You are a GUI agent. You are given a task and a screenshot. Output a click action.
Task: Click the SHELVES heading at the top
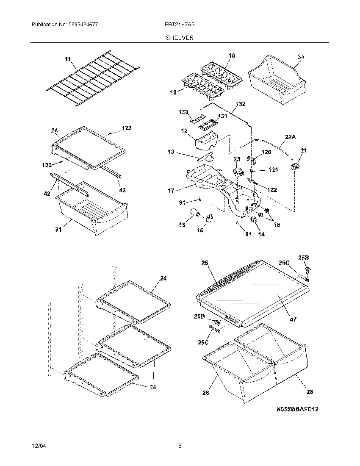(180, 38)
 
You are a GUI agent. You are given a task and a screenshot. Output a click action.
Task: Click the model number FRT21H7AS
(180, 25)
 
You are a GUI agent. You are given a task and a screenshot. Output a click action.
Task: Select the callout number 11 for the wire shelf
(68, 59)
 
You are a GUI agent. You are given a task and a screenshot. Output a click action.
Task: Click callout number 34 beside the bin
(301, 57)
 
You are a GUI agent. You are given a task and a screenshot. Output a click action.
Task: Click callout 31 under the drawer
(58, 230)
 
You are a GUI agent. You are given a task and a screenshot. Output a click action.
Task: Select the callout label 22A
(290, 137)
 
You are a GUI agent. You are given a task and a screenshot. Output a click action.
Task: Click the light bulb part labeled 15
(195, 213)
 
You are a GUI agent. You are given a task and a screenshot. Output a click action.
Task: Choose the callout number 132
(240, 104)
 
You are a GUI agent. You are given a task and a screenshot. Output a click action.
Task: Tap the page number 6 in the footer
(180, 445)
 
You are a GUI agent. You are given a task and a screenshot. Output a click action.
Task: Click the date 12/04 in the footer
(38, 445)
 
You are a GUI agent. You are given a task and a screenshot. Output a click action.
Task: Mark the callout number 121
(273, 170)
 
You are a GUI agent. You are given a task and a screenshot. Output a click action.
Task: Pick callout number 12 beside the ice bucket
(184, 131)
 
